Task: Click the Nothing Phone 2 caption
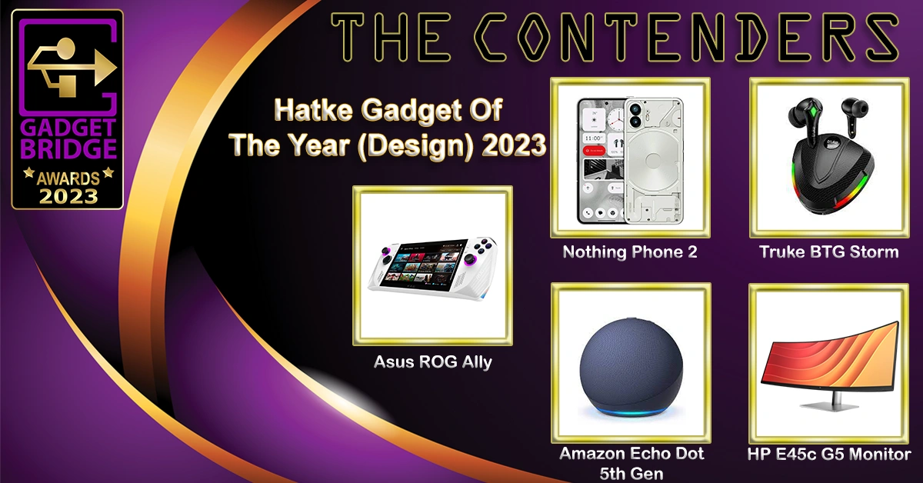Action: (x=630, y=251)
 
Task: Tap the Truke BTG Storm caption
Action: (x=828, y=251)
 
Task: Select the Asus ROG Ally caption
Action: (x=432, y=361)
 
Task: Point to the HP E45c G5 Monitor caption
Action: (x=828, y=454)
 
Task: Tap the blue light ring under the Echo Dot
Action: (x=631, y=411)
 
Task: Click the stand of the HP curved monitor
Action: (x=836, y=401)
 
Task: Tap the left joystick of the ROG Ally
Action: (x=386, y=251)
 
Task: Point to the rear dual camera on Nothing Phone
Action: (x=635, y=115)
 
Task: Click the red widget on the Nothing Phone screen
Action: (x=594, y=151)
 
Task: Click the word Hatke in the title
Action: (x=313, y=110)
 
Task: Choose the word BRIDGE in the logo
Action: (x=68, y=148)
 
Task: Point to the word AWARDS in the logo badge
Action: (x=68, y=178)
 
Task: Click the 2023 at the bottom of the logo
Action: (x=68, y=197)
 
